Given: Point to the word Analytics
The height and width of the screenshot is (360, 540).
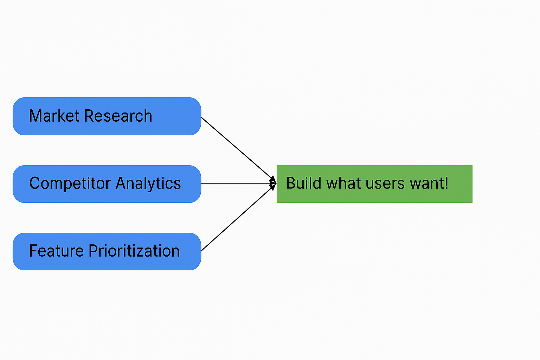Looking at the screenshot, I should click(148, 184).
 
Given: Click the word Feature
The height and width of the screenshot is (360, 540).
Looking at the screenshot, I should click(56, 251).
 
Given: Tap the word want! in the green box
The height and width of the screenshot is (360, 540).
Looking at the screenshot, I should click(429, 184).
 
